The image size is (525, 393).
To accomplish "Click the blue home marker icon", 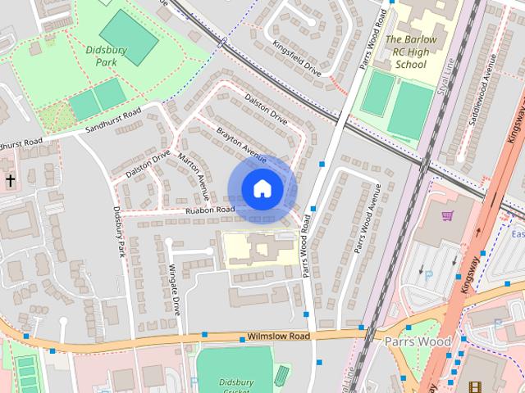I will (261, 189).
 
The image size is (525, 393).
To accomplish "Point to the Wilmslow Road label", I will (278, 337).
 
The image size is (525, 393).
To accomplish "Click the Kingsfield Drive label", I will (297, 59).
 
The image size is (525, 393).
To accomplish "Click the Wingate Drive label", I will (175, 290).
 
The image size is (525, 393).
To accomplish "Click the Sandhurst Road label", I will (112, 120).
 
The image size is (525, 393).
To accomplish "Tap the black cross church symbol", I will (10, 179).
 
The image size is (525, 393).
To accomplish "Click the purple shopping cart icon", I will (447, 217).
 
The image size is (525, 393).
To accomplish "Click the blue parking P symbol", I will (428, 275).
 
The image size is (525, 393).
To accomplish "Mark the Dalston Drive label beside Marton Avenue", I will (148, 163).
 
